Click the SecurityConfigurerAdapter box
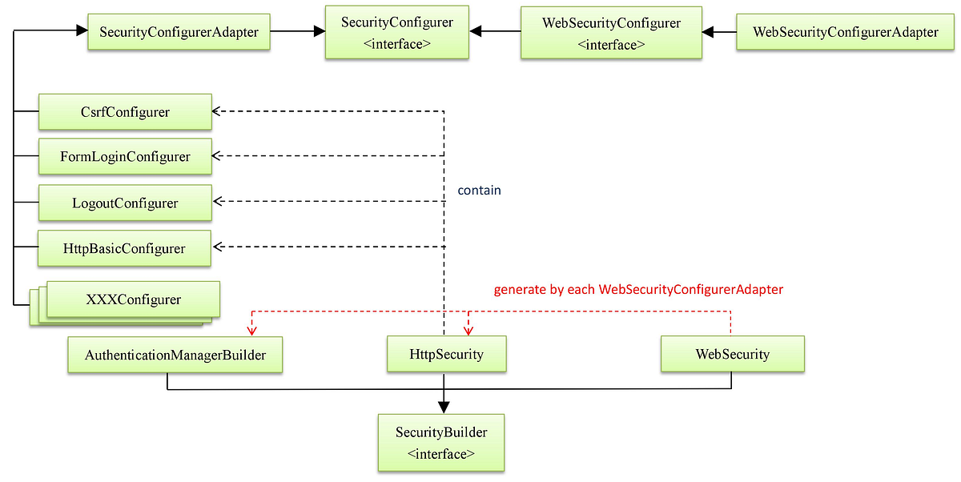(x=179, y=32)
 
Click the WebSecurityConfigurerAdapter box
(x=845, y=32)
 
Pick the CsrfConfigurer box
(x=125, y=112)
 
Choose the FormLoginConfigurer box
(x=125, y=156)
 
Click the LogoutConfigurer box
(x=125, y=203)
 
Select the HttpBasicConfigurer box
(x=125, y=248)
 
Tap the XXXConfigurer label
(x=133, y=300)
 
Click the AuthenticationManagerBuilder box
(x=175, y=354)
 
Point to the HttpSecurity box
(x=446, y=354)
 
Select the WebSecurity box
(x=732, y=354)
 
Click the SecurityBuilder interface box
(x=441, y=442)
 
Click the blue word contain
(x=479, y=191)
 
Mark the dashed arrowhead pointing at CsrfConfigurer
(x=217, y=111)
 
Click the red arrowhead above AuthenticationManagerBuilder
(x=252, y=330)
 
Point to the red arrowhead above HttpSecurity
(x=468, y=330)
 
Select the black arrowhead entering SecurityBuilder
(x=444, y=408)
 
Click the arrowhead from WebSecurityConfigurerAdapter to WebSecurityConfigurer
(x=708, y=33)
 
